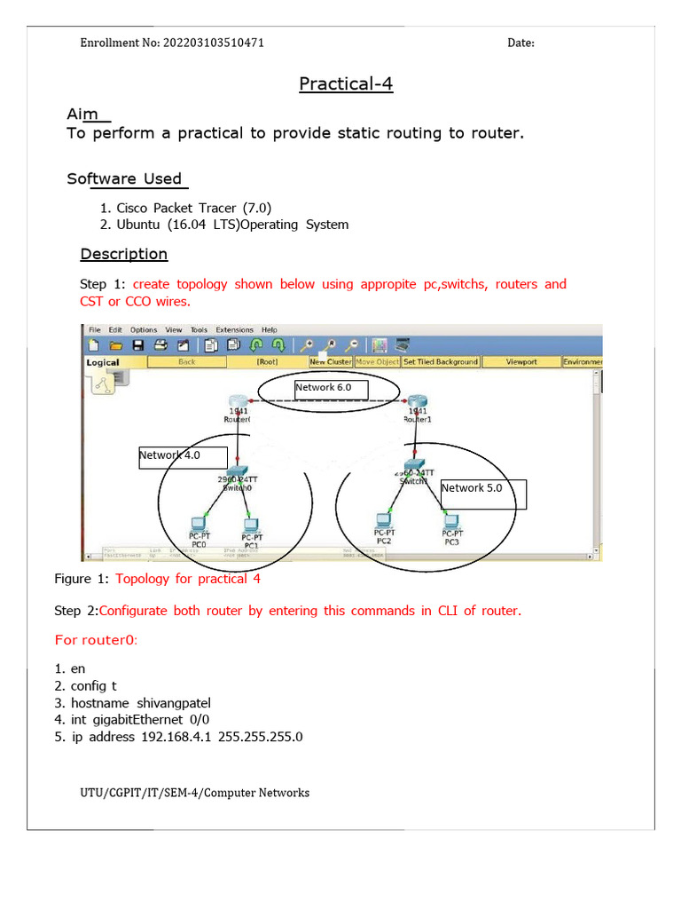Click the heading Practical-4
[345, 84]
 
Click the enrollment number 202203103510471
[213, 43]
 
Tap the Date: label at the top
[521, 43]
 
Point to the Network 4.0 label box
[169, 456]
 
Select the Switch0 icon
[237, 473]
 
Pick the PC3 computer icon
[451, 521]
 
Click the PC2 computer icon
[383, 519]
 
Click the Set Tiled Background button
[441, 362]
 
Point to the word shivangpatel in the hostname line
[168, 703]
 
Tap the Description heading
[123, 254]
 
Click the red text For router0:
[96, 640]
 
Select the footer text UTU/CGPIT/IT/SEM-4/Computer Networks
[194, 793]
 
